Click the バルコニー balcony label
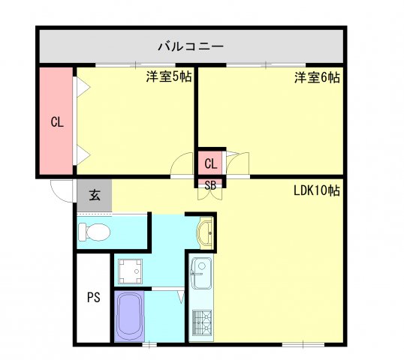click(190, 46)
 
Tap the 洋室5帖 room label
click(167, 76)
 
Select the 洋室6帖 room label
click(317, 76)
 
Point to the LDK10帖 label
click(317, 190)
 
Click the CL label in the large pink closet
click(56, 123)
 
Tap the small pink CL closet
click(211, 163)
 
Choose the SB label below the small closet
click(211, 184)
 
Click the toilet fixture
click(95, 233)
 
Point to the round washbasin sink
click(206, 233)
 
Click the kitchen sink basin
click(202, 272)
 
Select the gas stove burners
click(202, 323)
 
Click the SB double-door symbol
click(211, 193)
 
